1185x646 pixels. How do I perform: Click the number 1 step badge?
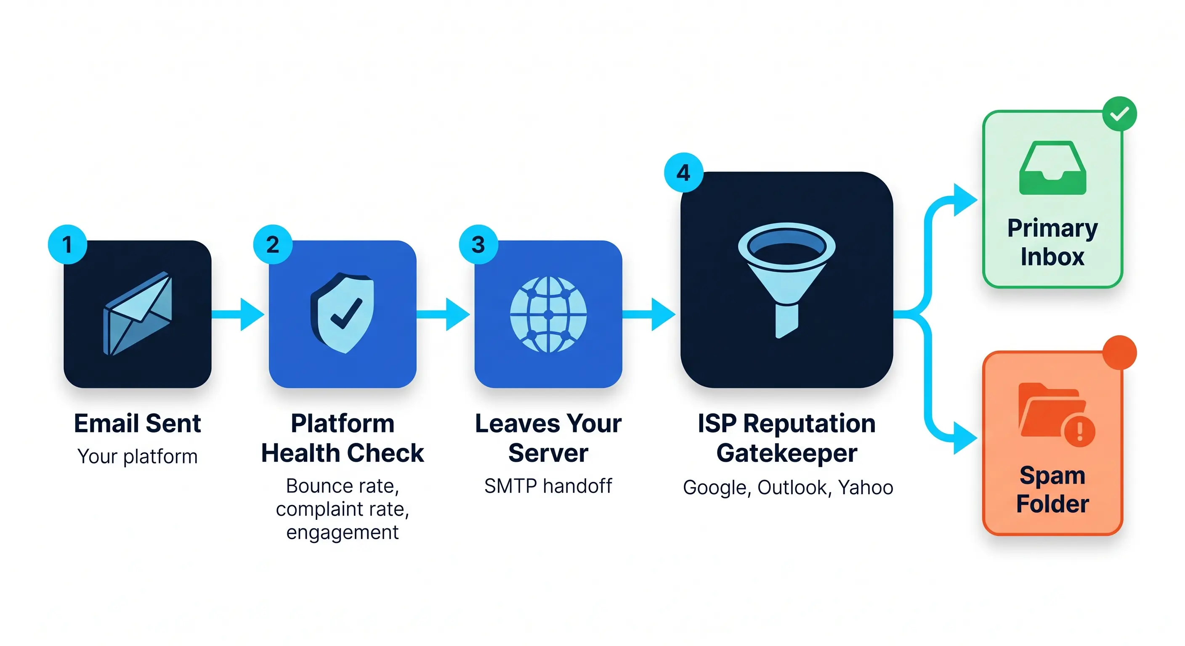[x=67, y=244]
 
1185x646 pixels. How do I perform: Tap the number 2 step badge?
[x=273, y=244]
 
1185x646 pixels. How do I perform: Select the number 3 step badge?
[x=478, y=244]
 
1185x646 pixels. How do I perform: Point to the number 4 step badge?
[x=683, y=172]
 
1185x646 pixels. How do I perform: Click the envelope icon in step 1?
[x=138, y=314]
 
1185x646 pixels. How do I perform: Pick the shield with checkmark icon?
[x=343, y=312]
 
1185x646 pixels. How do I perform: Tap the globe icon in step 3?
[x=548, y=315]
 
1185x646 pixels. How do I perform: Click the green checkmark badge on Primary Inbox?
[x=1119, y=114]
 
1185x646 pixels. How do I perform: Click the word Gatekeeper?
[x=786, y=453]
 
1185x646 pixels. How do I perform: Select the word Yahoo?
[x=865, y=487]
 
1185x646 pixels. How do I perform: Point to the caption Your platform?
[x=138, y=457]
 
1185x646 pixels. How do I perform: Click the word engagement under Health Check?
[x=342, y=532]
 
